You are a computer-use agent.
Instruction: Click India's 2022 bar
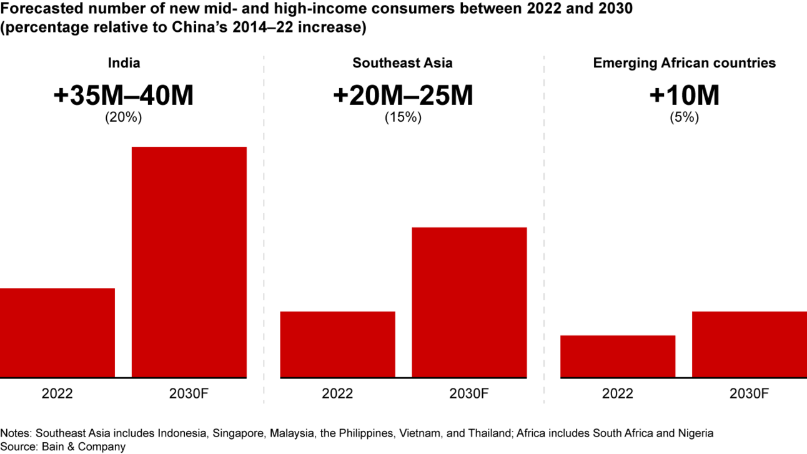coord(57,333)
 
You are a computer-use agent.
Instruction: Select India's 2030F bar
coord(189,262)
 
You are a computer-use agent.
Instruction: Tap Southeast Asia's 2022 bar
coord(337,344)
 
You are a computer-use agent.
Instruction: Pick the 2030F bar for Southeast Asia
coord(469,302)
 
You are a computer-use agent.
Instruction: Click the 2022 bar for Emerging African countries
coord(618,357)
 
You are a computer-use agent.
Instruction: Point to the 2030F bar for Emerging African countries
coord(750,344)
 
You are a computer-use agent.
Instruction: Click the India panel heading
coord(124,63)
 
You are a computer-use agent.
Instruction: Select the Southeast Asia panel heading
coord(402,63)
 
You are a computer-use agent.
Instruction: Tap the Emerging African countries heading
coord(684,63)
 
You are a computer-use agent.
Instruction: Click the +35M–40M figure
coord(124,96)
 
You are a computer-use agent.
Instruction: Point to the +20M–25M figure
coord(403,96)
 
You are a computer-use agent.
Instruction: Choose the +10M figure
coord(684,96)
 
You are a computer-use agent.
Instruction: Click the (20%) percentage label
coord(124,117)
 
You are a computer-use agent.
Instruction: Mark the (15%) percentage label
coord(403,117)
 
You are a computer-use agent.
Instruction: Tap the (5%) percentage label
coord(684,117)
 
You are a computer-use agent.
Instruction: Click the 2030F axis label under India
coord(189,394)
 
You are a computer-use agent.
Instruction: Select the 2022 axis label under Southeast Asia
coord(337,394)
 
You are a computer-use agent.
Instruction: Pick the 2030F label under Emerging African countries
coord(750,394)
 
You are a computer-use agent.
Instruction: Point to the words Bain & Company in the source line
coord(84,447)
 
